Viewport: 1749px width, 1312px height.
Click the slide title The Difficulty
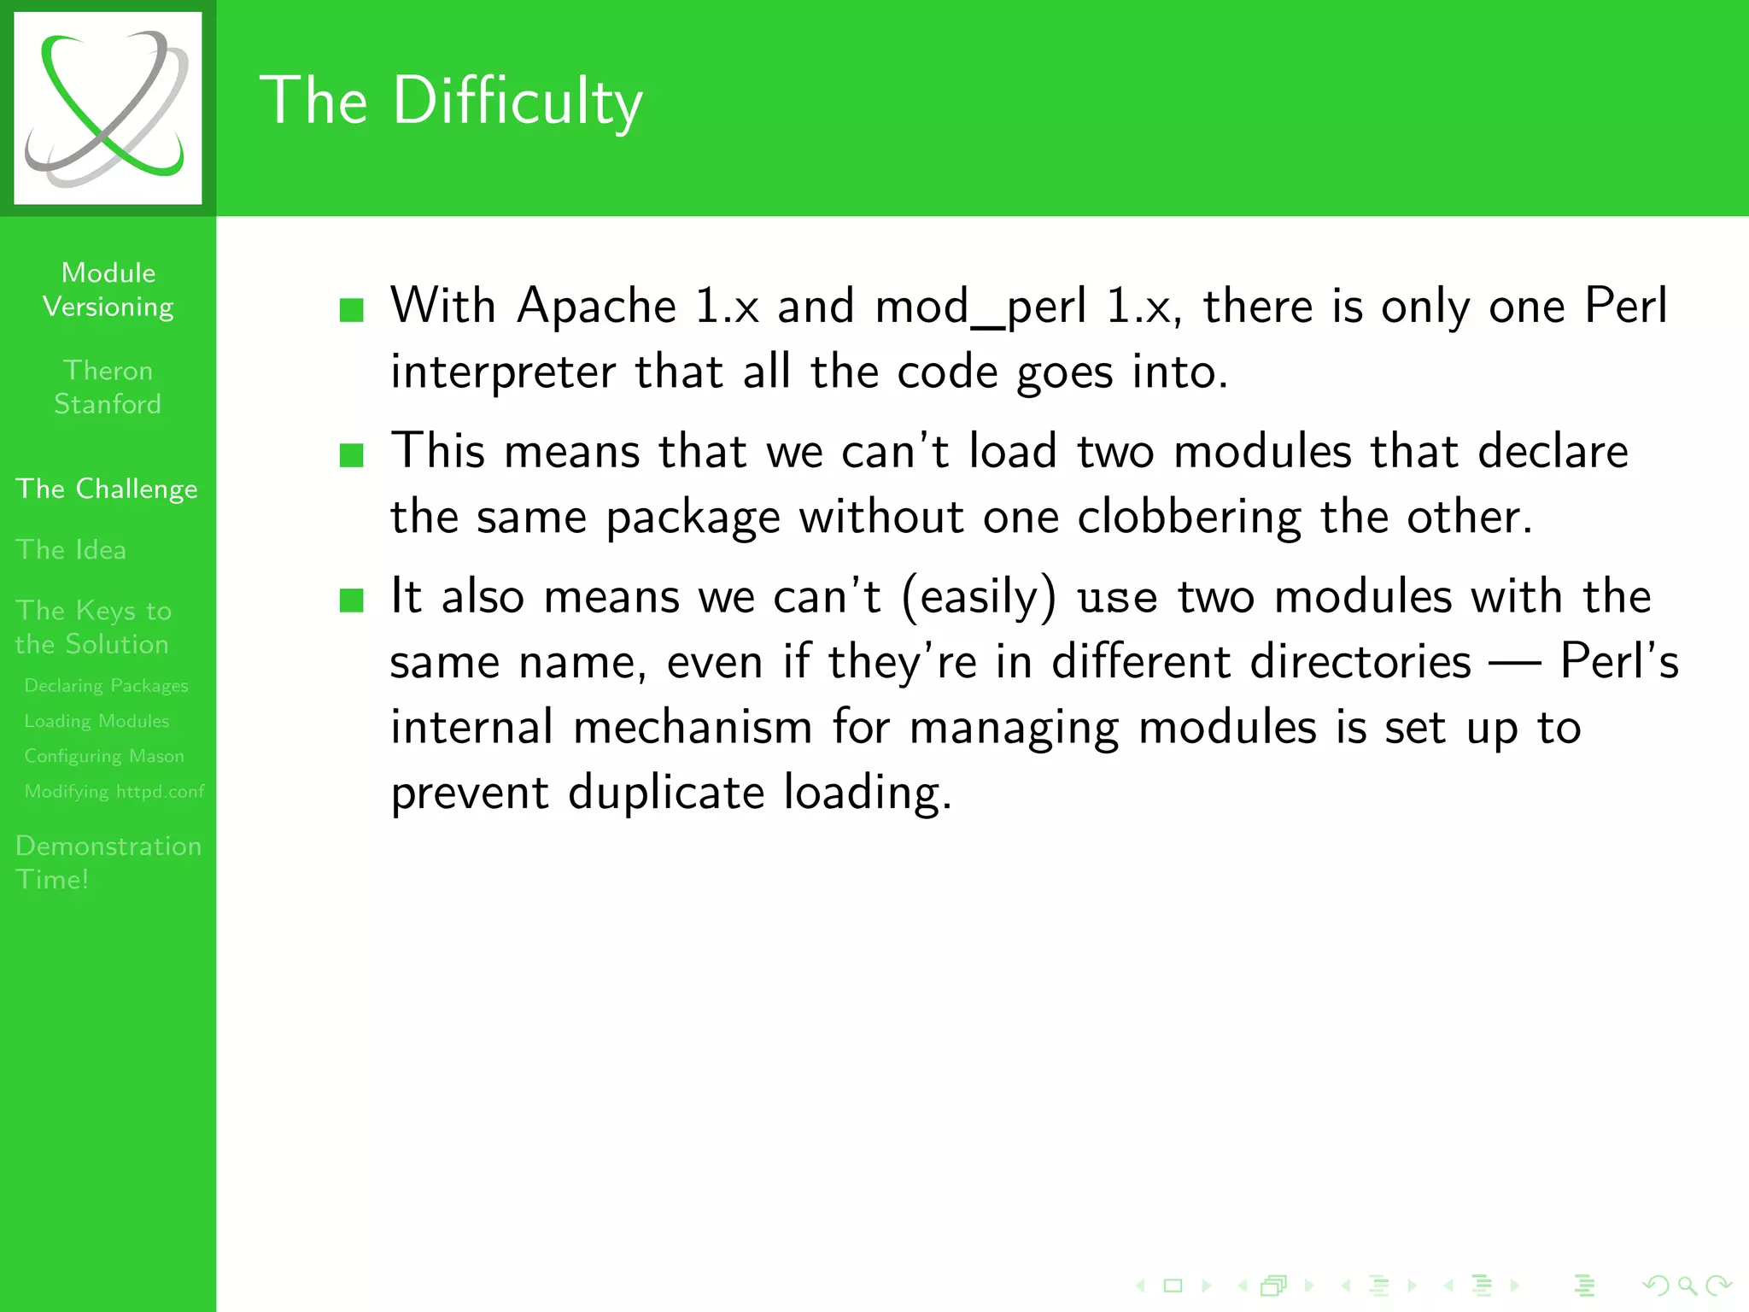click(450, 102)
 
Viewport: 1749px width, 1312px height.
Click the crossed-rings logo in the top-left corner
click(108, 108)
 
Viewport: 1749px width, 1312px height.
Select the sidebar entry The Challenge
click(107, 489)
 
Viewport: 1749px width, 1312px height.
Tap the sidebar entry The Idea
click(71, 549)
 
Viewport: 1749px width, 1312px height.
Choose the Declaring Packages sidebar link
click(106, 686)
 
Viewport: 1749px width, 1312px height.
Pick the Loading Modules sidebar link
click(97, 721)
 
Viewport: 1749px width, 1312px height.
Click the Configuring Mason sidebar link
click(104, 756)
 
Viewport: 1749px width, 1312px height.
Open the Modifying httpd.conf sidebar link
click(114, 791)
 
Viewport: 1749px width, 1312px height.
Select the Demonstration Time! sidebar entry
click(108, 862)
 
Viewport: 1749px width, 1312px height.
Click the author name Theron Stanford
click(108, 387)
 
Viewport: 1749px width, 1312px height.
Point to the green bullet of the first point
click(351, 309)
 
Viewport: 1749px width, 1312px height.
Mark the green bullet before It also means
click(351, 600)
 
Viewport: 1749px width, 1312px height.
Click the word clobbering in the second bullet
click(1188, 518)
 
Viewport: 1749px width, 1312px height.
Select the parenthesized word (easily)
click(979, 597)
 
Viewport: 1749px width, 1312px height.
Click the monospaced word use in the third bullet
click(1117, 597)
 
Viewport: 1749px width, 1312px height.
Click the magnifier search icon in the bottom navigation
click(1686, 1285)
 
